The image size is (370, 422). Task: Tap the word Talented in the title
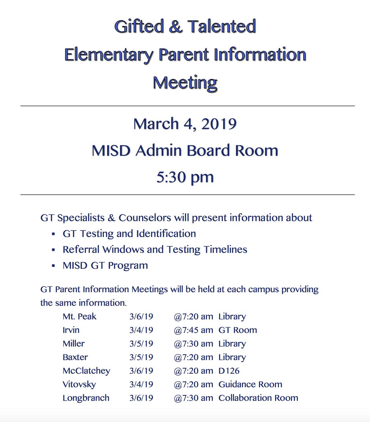221,27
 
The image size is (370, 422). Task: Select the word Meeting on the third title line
185,83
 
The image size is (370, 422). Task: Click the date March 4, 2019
185,124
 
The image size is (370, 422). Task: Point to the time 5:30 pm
185,177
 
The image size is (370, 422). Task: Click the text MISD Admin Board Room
185,151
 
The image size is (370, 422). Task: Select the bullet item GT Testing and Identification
129,234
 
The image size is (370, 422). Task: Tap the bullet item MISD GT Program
105,265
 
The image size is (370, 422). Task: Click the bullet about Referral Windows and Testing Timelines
155,249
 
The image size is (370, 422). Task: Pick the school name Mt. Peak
79,316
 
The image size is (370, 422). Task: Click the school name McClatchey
86,371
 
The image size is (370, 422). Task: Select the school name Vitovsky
79,384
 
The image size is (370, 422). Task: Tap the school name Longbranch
86,398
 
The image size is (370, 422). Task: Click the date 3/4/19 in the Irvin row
141,330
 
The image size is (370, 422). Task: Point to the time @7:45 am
193,330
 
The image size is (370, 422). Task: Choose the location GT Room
238,330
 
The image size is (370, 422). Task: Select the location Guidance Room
250,384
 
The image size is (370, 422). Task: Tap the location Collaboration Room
258,398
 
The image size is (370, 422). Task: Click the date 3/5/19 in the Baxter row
141,357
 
